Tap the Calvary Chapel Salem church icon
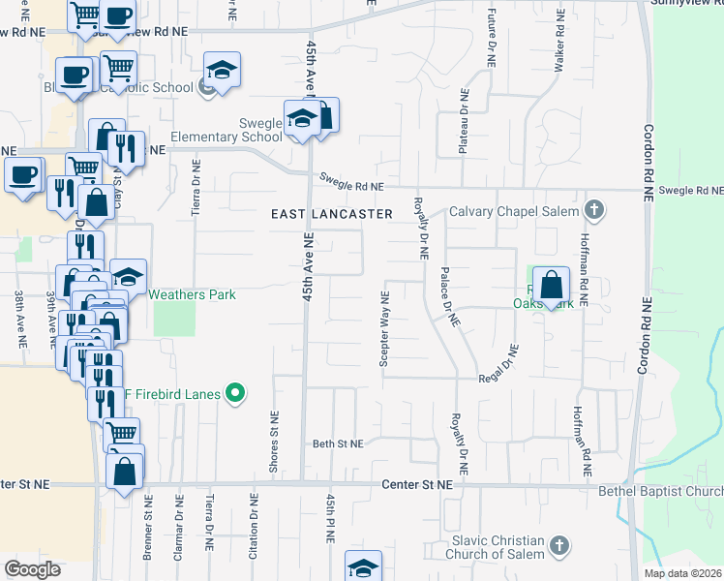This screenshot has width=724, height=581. pyautogui.click(x=595, y=211)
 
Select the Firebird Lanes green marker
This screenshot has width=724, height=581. pyautogui.click(x=233, y=393)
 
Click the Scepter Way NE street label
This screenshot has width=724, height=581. pyautogui.click(x=385, y=328)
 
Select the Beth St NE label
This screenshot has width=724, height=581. pyautogui.click(x=338, y=443)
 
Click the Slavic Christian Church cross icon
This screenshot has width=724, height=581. pyautogui.click(x=558, y=546)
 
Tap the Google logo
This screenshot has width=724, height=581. pyautogui.click(x=32, y=569)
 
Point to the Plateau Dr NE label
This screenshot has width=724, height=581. pyautogui.click(x=464, y=123)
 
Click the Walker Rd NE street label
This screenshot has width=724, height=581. pyautogui.click(x=559, y=44)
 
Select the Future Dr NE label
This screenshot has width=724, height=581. pyautogui.click(x=492, y=37)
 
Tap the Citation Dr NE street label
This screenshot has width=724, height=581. pyautogui.click(x=254, y=524)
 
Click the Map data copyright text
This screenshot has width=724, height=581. pyautogui.click(x=683, y=573)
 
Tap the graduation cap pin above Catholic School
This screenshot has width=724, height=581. pyautogui.click(x=222, y=70)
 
